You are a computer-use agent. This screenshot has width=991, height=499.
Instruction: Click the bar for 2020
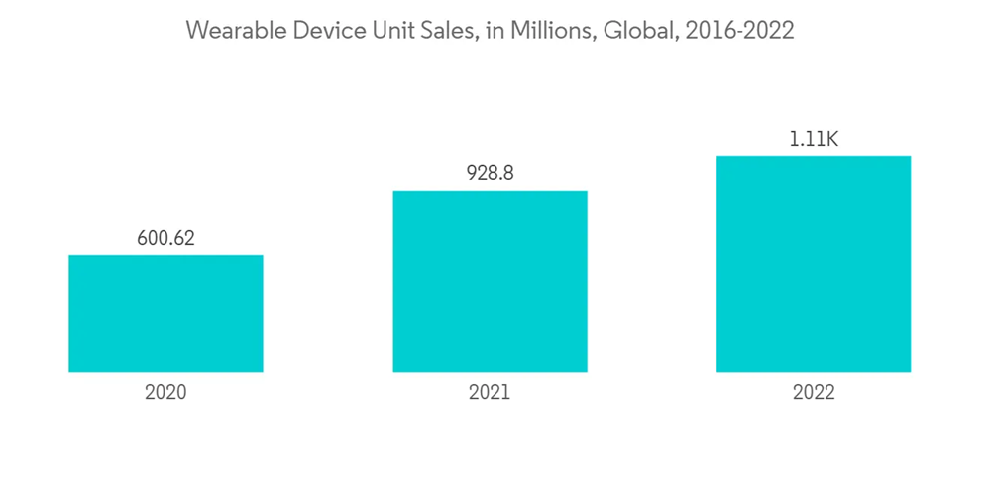[165, 314]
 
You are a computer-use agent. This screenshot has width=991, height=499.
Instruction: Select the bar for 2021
[490, 281]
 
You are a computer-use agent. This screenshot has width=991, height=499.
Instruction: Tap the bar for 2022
[814, 264]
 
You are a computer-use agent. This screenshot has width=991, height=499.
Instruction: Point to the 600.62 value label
[165, 238]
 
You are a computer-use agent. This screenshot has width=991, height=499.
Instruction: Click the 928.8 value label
[490, 173]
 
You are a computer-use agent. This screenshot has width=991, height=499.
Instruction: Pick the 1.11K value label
[814, 140]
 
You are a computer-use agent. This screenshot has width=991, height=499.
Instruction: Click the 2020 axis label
[165, 392]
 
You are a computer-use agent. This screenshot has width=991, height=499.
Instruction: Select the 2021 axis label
[490, 392]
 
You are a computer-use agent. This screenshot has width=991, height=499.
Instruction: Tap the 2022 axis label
[814, 392]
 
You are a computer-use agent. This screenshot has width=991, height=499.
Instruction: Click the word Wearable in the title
[230, 31]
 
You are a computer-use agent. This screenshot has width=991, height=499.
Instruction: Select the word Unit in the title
[385, 31]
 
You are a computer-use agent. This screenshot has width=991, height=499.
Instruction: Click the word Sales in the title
[444, 31]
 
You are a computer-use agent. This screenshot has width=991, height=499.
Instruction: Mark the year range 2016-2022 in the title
[739, 31]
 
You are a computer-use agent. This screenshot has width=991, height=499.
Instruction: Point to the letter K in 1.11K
[831, 140]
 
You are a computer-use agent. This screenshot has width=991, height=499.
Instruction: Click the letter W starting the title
[197, 31]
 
